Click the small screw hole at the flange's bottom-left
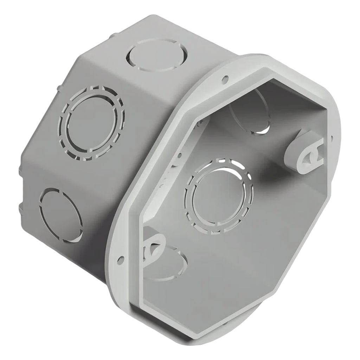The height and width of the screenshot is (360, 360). (121, 259)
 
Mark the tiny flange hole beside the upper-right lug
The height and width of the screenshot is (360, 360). (330, 138)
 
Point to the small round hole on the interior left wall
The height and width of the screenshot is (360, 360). (179, 155)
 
